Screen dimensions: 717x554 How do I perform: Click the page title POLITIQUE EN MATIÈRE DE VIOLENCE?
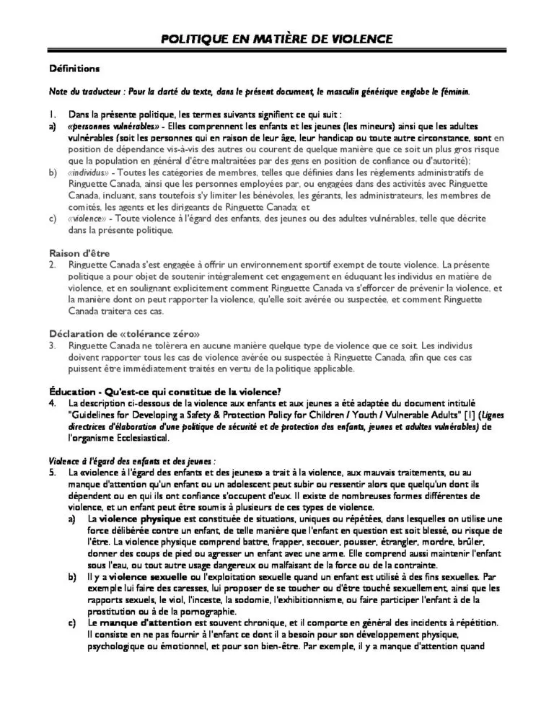pyautogui.click(x=277, y=38)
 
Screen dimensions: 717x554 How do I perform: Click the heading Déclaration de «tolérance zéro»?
pyautogui.click(x=124, y=333)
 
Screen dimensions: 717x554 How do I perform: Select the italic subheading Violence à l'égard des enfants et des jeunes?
pyautogui.click(x=131, y=460)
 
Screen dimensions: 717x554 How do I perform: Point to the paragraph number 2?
pyautogui.click(x=53, y=265)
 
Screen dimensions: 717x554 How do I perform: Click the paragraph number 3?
pyautogui.click(x=53, y=346)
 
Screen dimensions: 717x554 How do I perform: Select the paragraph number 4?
pyautogui.click(x=53, y=403)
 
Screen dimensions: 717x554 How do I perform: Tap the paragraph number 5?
pyautogui.click(x=53, y=472)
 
